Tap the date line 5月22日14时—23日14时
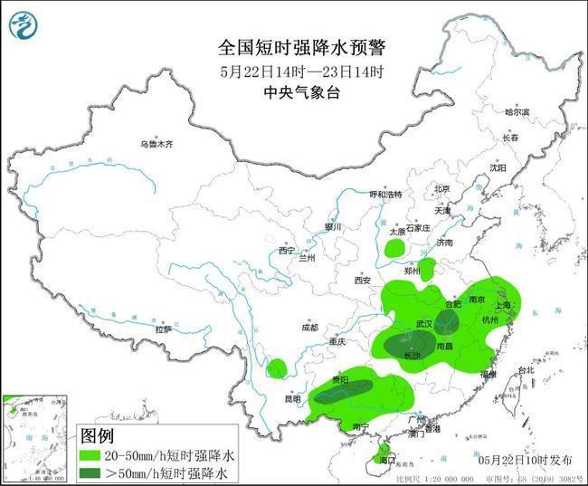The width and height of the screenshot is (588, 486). (293, 71)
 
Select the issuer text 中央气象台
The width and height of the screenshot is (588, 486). (293, 91)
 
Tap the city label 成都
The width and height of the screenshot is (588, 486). (310, 329)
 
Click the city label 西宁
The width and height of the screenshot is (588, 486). (287, 250)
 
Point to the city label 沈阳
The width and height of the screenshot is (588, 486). (498, 168)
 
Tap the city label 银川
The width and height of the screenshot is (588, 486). (335, 227)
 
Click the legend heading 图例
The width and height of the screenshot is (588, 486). (99, 436)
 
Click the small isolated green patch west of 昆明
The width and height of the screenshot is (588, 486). (276, 368)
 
